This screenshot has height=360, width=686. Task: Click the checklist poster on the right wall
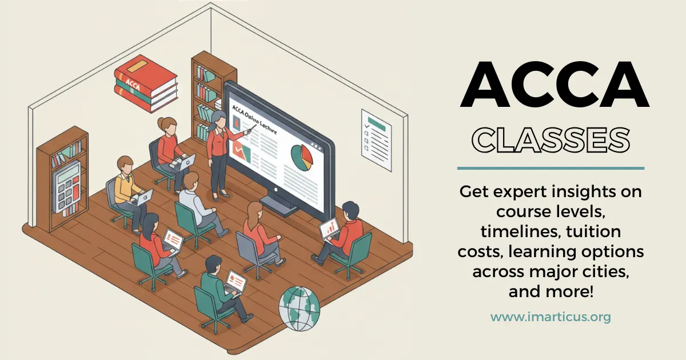[x=376, y=139]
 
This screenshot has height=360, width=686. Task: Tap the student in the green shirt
[x=216, y=286]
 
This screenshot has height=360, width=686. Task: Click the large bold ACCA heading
[x=555, y=86]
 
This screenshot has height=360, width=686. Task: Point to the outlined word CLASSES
[x=553, y=140]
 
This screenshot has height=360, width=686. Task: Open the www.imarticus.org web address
[x=551, y=317]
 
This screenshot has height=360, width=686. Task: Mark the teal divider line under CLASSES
[x=551, y=169]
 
